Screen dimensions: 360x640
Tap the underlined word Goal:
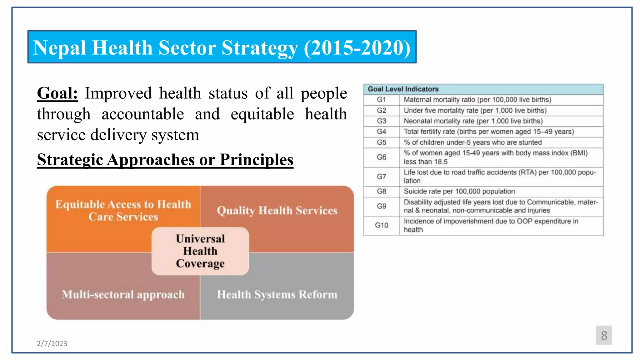point(57,93)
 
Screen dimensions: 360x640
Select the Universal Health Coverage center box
point(200,251)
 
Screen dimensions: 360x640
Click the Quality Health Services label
point(277,211)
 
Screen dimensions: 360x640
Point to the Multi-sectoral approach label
point(123,294)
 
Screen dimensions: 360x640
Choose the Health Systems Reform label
point(277,294)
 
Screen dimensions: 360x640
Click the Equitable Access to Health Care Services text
point(123,210)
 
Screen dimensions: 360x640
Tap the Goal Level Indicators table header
point(403,89)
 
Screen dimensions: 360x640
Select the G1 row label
point(381,100)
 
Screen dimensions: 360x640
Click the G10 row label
point(381,225)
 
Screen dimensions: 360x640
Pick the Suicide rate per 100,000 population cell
point(459,191)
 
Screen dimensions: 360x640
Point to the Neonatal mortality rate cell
point(473,121)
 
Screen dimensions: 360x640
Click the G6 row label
point(381,157)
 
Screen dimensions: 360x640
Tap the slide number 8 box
point(603,335)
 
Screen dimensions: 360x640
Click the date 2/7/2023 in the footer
point(52,343)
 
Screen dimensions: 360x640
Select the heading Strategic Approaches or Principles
point(165,160)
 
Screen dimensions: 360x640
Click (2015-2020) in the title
point(357,48)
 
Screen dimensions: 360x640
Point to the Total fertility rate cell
point(488,132)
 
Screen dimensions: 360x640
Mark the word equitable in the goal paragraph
point(262,114)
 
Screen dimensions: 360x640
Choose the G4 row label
point(381,132)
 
